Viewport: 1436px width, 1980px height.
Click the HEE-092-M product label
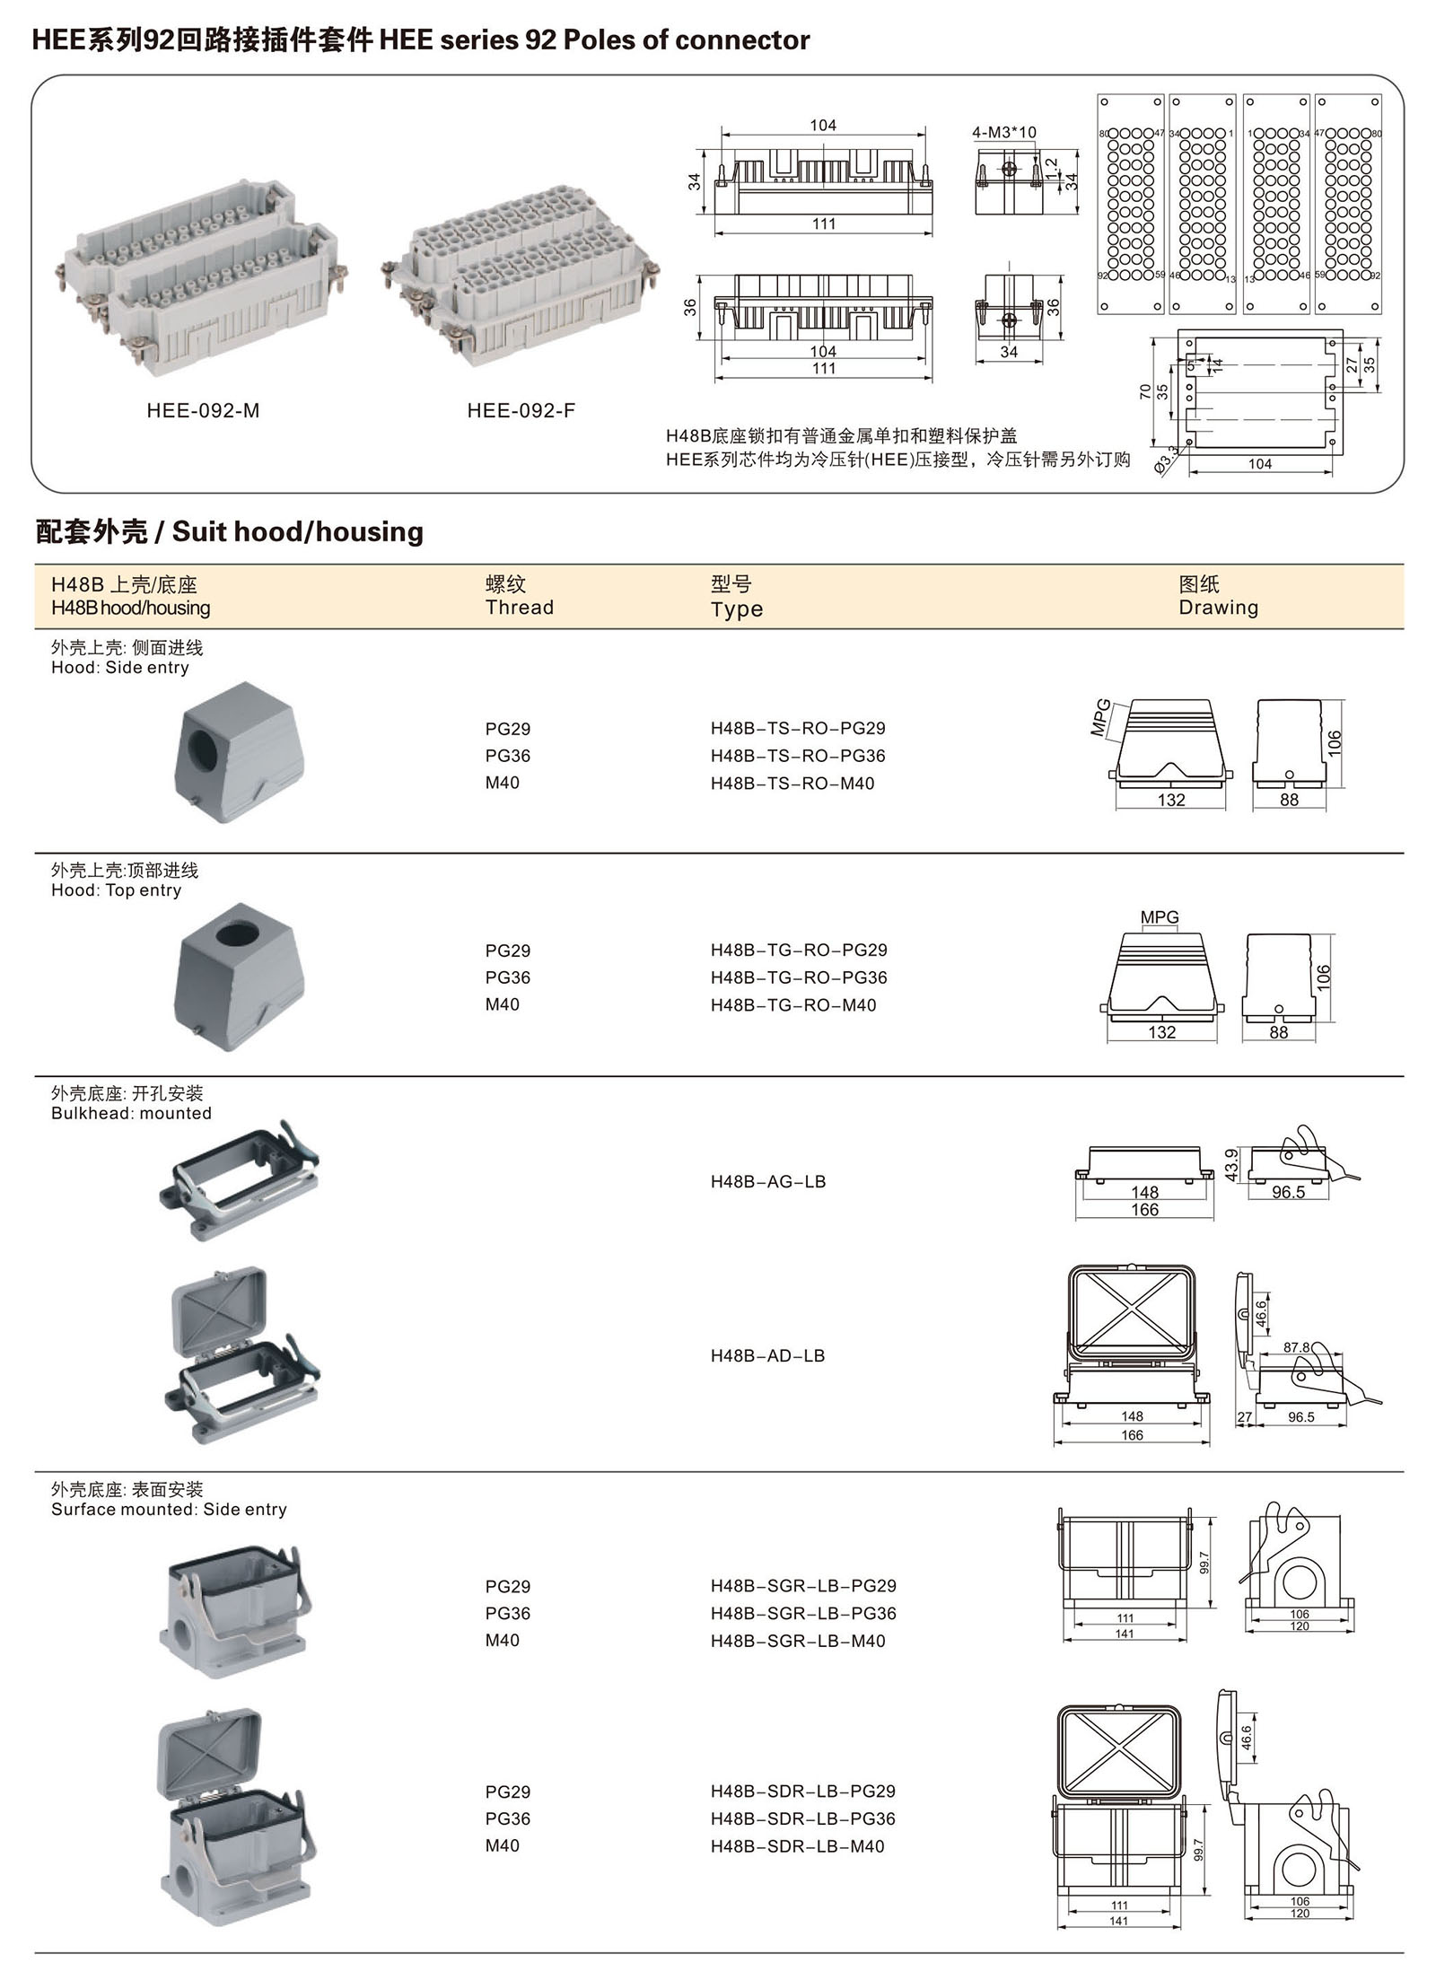203,411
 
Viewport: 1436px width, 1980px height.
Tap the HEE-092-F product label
521,411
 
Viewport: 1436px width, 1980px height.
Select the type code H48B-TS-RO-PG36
798,756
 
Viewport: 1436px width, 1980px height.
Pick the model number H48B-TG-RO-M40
793,1005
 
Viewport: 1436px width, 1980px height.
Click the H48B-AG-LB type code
768,1182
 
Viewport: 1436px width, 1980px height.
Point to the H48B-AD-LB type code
767,1356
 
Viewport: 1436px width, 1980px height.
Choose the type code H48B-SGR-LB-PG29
803,1586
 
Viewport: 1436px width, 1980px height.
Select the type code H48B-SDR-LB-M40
798,1846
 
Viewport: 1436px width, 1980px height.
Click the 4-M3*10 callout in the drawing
1003,133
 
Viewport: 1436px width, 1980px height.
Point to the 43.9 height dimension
1231,1165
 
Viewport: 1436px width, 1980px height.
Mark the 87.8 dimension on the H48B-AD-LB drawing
1296,1347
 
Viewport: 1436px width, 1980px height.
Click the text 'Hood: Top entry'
117,890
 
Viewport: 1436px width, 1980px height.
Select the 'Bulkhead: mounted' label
132,1114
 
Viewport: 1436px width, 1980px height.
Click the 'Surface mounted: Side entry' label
169,1510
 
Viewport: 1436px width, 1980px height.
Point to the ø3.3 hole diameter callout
1166,460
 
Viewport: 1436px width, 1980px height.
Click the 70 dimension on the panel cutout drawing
1145,392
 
